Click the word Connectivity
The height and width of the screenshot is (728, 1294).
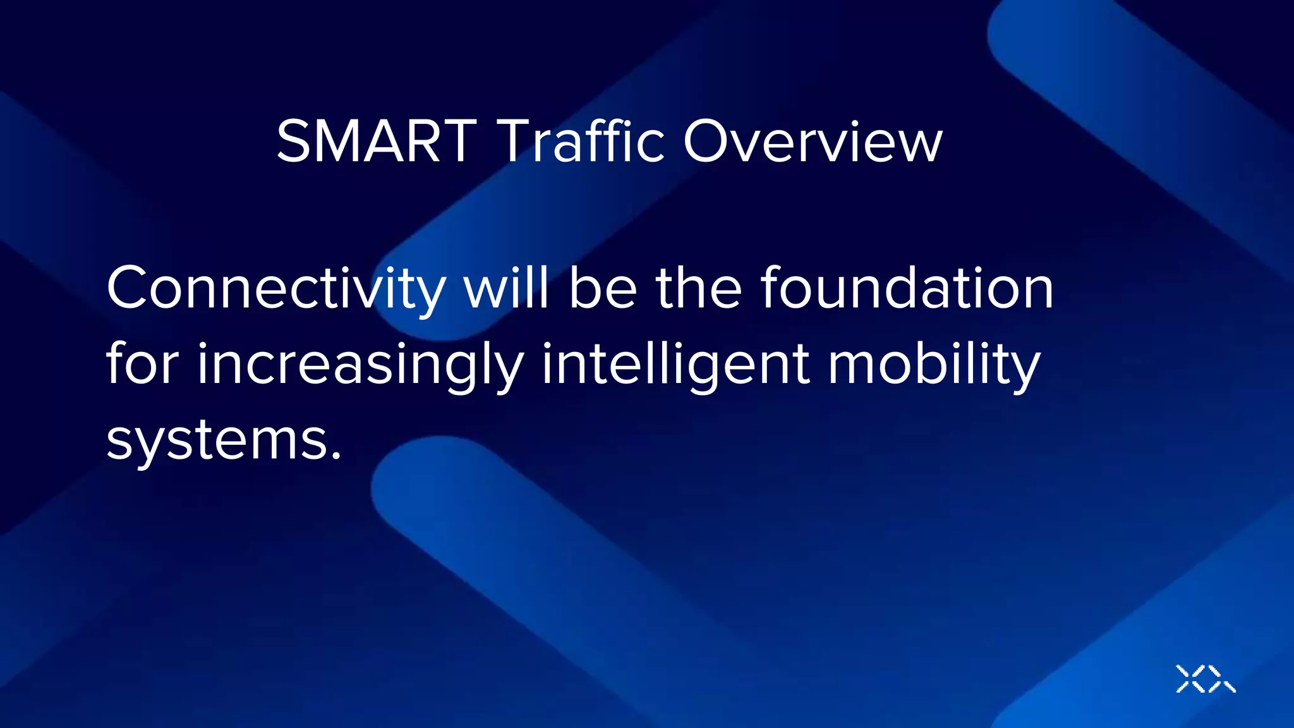276,289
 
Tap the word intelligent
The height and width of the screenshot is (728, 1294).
675,365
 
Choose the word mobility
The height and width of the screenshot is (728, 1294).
934,365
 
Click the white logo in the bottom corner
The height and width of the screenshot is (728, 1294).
1205,679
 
